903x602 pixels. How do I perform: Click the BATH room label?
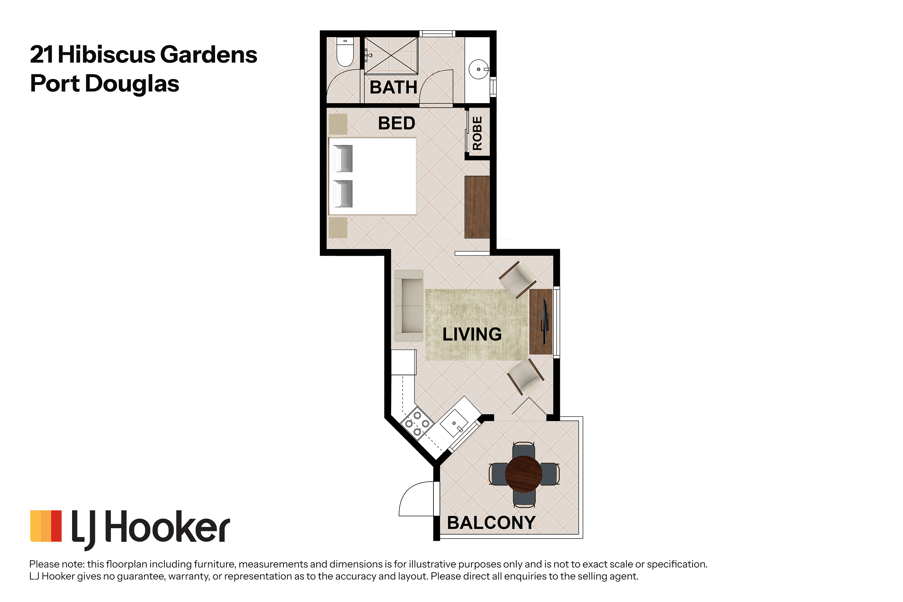pos(393,87)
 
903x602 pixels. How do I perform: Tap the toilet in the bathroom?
pos(345,52)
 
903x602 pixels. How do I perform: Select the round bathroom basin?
pos(479,69)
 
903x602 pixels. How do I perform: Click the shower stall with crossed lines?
pos(391,55)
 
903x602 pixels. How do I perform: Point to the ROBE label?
pos(477,133)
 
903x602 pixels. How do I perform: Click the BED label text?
pos(397,123)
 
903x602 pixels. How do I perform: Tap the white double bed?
pos(372,176)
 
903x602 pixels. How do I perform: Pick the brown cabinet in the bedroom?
pos(477,207)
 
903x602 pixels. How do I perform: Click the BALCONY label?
pos(491,523)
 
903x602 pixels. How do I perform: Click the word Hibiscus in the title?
pos(106,54)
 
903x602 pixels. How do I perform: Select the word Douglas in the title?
pos(132,84)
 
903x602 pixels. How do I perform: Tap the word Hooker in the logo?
pos(168,527)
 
